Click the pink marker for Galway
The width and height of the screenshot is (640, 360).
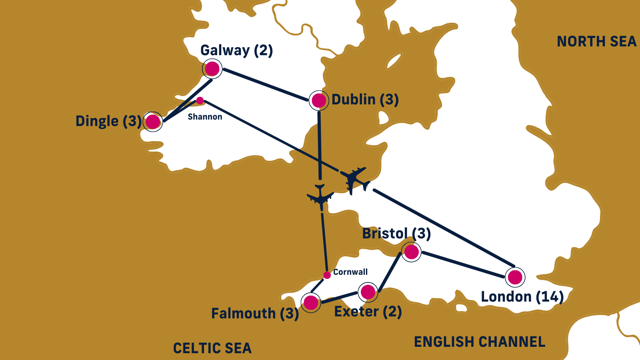(x=212, y=69)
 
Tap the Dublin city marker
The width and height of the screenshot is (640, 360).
(x=319, y=100)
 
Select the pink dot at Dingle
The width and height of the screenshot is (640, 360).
(x=152, y=122)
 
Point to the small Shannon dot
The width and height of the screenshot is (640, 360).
(x=200, y=100)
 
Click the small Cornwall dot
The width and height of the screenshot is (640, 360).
(x=327, y=275)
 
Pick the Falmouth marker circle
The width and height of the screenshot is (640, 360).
(x=311, y=303)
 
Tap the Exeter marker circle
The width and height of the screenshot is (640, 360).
(x=368, y=292)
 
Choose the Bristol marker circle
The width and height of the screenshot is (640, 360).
(x=411, y=252)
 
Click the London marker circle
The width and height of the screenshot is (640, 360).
(x=515, y=277)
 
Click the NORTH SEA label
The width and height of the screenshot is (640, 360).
(x=596, y=42)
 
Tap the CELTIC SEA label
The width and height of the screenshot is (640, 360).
(x=212, y=348)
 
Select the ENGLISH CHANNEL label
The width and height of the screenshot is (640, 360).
(x=480, y=342)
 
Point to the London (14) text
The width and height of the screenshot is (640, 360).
(x=522, y=297)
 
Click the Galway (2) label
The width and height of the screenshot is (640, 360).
(x=236, y=50)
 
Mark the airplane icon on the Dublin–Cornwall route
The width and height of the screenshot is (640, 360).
(x=320, y=197)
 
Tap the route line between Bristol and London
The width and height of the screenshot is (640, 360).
(x=463, y=264)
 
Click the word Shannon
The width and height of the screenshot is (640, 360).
(x=205, y=117)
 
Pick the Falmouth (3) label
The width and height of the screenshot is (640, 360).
(x=255, y=314)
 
